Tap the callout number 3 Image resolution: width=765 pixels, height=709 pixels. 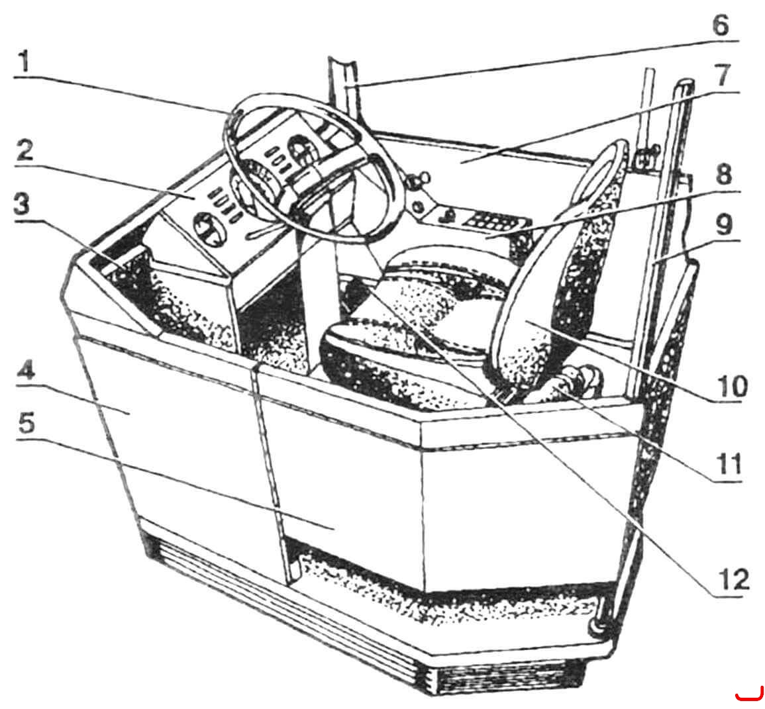(21, 205)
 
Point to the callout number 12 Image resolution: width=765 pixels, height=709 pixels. (732, 581)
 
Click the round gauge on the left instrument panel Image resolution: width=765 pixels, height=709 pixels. (210, 228)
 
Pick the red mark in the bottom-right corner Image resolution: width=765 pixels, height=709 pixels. (749, 695)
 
